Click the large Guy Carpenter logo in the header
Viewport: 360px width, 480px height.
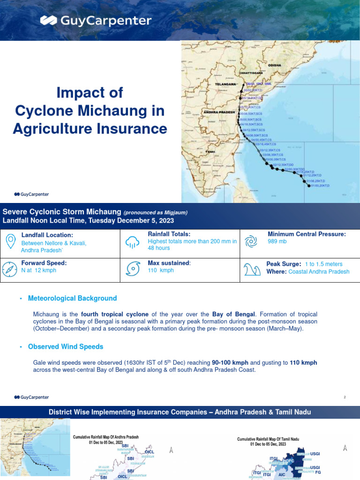pyautogui.click(x=96, y=21)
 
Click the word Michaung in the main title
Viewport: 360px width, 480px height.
pyautogui.click(x=125, y=111)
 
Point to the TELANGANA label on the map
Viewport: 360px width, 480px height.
pyautogui.click(x=225, y=84)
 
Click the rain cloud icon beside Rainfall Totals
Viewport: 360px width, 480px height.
pyautogui.click(x=132, y=242)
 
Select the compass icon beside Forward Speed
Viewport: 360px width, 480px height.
pyautogui.click(x=10, y=270)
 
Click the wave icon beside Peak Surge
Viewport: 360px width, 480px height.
pyautogui.click(x=252, y=270)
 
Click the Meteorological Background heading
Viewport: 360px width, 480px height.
pyautogui.click(x=72, y=298)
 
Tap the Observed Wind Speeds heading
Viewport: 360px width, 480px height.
pyautogui.click(x=66, y=347)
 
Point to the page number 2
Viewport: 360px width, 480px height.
pyautogui.click(x=345, y=397)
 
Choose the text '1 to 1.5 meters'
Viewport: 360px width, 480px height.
pyautogui.click(x=323, y=264)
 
